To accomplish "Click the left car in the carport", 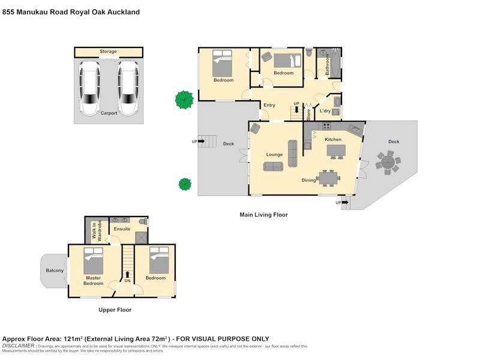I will coord(90,88).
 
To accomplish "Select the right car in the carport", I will coord(128,88).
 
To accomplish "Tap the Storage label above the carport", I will coord(109,52).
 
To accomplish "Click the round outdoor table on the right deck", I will coord(388,161).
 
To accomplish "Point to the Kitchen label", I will coord(333,139).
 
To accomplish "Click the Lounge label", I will coord(274,154).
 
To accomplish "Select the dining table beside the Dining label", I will coord(329,178).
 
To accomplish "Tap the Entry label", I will coord(269,105).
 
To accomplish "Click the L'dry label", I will coord(325,111).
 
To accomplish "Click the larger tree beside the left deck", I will coord(184,99).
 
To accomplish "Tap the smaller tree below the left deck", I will coord(185,184).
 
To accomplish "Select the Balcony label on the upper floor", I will coord(55,271).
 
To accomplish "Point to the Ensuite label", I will coord(122,229).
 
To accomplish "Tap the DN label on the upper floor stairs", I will coord(127,281).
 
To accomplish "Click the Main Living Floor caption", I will coord(263,214).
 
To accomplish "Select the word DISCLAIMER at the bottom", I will coord(18,346).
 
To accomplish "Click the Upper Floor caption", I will coord(115,310).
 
